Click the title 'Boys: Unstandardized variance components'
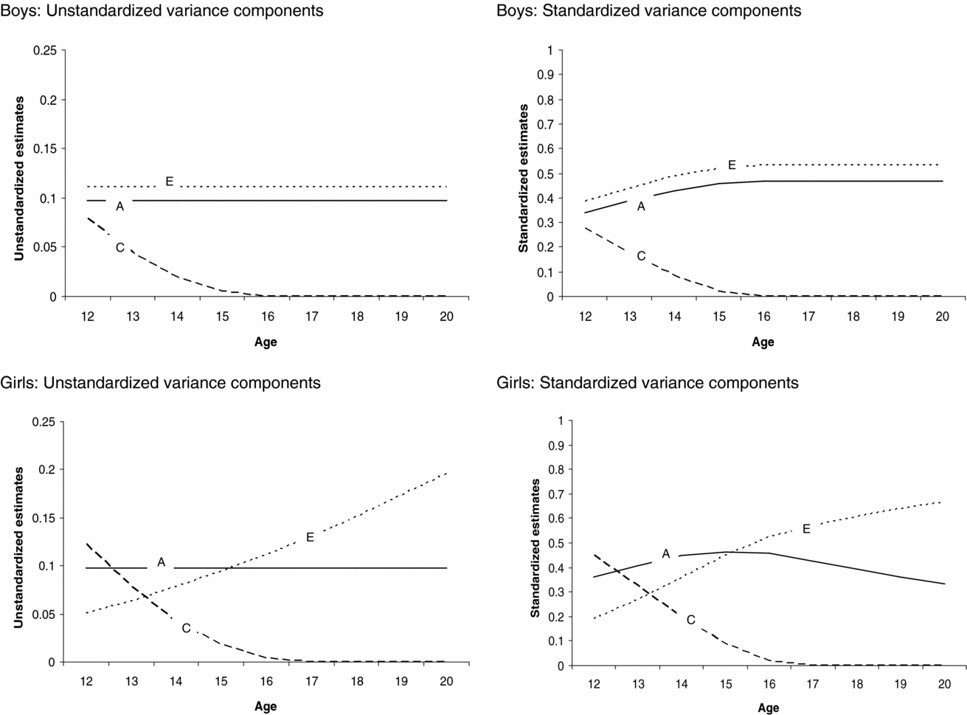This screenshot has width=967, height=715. pyautogui.click(x=162, y=11)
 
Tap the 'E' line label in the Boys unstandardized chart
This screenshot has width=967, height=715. pyautogui.click(x=169, y=182)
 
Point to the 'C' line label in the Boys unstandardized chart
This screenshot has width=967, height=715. pyautogui.click(x=119, y=247)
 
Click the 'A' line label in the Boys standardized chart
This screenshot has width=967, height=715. pyautogui.click(x=641, y=207)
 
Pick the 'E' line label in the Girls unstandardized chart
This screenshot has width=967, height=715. pyautogui.click(x=310, y=537)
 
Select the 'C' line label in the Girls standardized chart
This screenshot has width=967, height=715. pyautogui.click(x=691, y=620)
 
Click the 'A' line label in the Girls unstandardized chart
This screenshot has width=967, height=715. pyautogui.click(x=161, y=562)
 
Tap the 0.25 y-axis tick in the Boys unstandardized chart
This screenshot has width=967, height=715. pyautogui.click(x=44, y=50)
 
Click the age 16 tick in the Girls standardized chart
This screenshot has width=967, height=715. pyautogui.click(x=768, y=685)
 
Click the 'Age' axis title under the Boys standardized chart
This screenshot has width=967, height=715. pyautogui.click(x=763, y=342)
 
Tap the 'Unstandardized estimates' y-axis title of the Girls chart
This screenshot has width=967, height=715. pyautogui.click(x=19, y=547)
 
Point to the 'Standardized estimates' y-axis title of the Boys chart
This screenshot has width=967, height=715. pyautogui.click(x=523, y=178)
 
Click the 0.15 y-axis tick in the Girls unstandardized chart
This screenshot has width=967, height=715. pyautogui.click(x=44, y=518)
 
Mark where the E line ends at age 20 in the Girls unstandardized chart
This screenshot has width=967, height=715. pyautogui.click(x=447, y=472)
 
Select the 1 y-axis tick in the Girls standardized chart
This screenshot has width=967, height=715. pyautogui.click(x=560, y=421)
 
